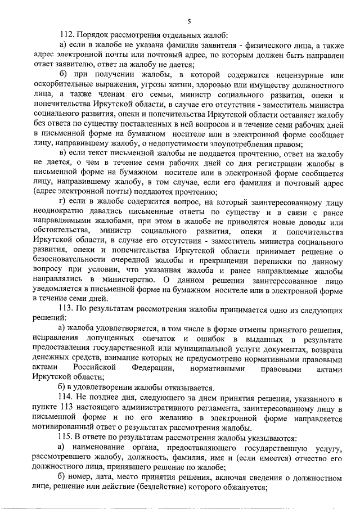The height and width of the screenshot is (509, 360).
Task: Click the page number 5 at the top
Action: tap(189, 22)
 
